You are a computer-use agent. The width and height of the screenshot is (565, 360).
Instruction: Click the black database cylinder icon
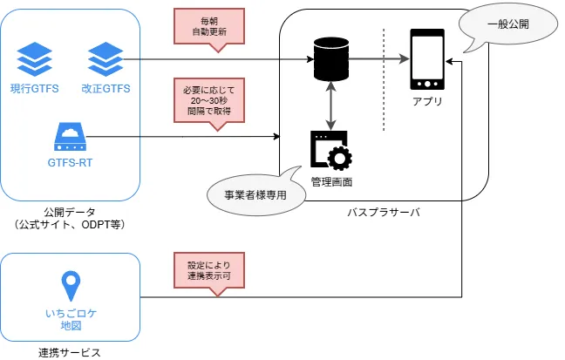coord(330,58)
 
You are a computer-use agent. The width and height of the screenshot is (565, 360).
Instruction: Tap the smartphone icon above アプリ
coord(426,59)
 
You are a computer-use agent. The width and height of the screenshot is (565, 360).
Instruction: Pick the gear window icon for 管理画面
coord(330,151)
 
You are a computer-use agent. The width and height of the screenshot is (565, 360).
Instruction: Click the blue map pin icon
coord(70,287)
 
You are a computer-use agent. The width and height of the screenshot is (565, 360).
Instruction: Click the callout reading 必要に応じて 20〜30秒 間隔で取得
coord(209,102)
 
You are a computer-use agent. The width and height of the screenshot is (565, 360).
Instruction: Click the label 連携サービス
coord(70,352)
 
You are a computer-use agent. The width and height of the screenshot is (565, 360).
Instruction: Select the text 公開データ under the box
coord(70,211)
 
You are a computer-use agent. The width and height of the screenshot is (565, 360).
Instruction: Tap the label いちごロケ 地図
coord(70,318)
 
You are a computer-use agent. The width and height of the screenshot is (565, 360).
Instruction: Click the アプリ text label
coord(426,102)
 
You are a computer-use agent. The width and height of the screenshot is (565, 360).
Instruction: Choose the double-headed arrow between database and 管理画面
coord(330,104)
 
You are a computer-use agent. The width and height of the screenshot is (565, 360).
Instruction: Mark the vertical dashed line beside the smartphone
coord(384,78)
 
